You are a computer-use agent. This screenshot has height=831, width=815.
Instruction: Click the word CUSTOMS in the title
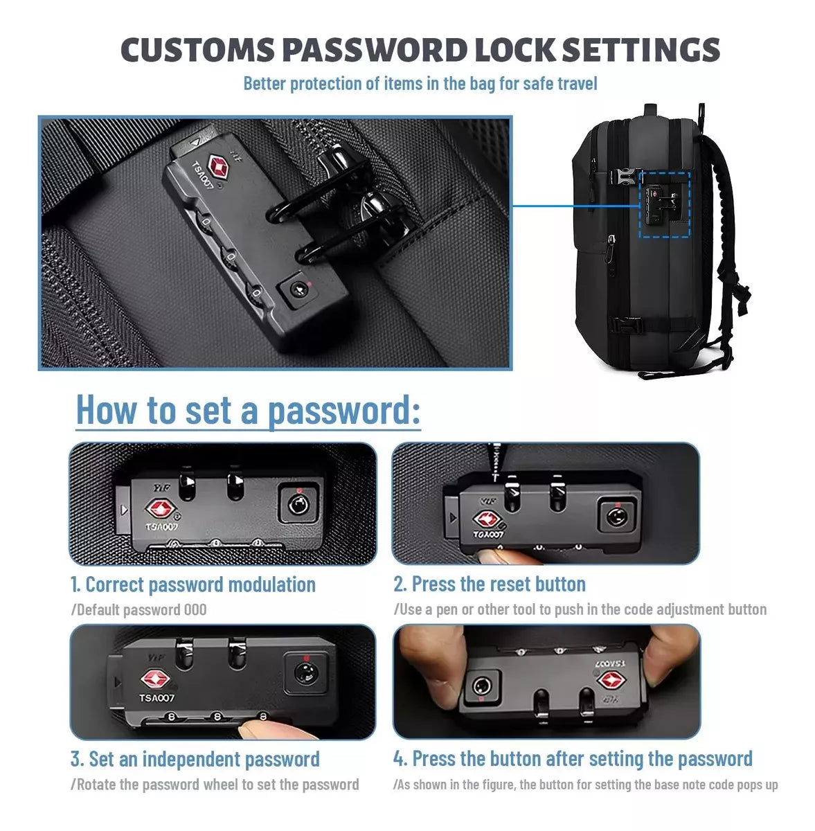(197, 50)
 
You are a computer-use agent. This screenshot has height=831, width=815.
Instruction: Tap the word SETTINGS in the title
(641, 50)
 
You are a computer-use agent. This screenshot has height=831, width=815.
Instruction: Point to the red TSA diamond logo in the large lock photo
(218, 166)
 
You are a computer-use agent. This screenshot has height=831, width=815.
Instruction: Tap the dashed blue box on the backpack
(664, 204)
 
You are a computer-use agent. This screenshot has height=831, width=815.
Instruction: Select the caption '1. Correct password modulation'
(193, 584)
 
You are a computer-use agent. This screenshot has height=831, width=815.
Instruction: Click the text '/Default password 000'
(139, 609)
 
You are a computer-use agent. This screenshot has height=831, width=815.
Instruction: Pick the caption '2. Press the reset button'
(490, 584)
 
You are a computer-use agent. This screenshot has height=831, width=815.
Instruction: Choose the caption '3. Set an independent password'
(195, 759)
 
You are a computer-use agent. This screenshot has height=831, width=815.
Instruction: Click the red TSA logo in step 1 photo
(161, 509)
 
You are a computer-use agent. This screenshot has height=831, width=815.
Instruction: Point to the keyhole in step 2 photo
(616, 516)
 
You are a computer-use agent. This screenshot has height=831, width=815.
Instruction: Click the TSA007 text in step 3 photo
(156, 697)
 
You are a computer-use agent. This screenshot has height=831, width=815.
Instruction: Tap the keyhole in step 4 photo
(481, 685)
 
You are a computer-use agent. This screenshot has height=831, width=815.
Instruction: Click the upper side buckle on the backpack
(623, 177)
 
